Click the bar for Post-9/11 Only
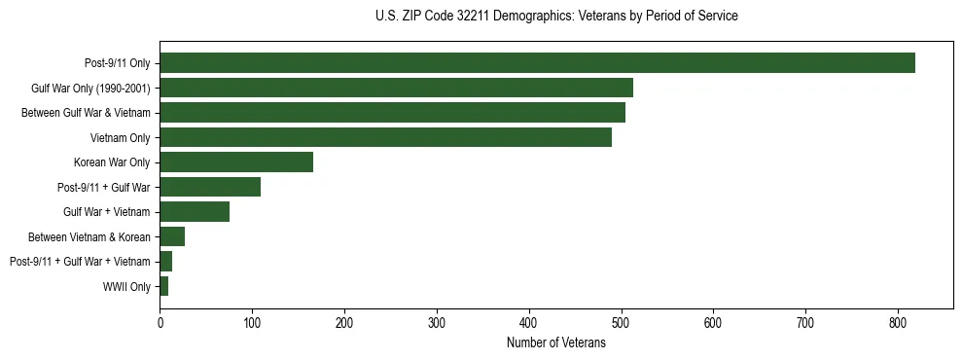(537, 63)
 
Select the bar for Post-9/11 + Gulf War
(210, 187)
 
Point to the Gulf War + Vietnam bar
(195, 212)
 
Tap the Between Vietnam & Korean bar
(172, 236)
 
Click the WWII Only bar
(164, 286)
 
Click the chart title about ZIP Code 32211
(555, 17)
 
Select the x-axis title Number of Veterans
(555, 342)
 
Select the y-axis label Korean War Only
(112, 162)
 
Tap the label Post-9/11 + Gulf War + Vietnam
(80, 262)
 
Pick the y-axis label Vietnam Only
(120, 138)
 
